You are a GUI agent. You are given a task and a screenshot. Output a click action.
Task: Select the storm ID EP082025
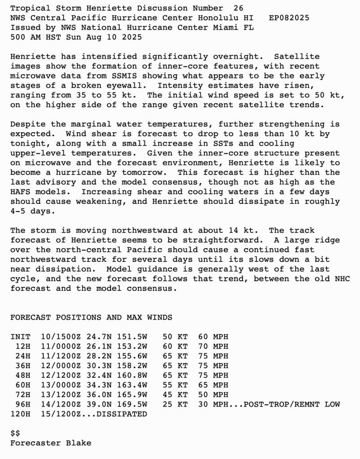[289, 18]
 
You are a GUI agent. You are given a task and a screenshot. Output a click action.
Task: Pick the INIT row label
[20, 337]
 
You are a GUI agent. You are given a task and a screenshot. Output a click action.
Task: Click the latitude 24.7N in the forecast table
[100, 337]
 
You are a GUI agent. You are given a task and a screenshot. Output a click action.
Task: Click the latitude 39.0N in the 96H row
[100, 404]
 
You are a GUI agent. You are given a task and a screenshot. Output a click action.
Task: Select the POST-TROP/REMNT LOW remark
[291, 404]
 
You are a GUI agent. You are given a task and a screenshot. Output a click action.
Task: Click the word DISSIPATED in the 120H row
[121, 414]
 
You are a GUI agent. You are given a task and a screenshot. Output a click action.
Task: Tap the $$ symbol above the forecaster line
[15, 433]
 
